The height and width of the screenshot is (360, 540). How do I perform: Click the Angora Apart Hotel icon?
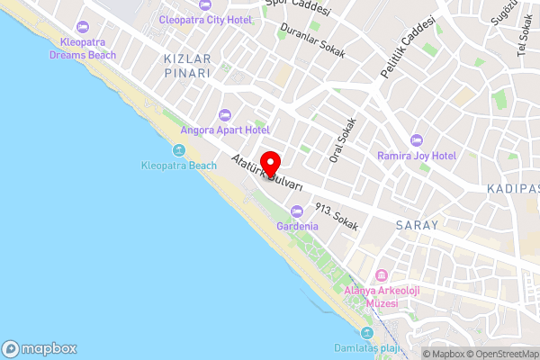click(225, 114)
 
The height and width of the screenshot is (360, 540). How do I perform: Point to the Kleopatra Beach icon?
click(178, 150)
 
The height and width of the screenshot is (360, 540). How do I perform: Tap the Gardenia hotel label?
click(297, 226)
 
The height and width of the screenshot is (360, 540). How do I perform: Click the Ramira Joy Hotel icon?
click(416, 139)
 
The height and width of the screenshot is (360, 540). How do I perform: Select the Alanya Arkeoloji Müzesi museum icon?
click(382, 275)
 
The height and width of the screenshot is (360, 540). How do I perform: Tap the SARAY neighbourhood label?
click(416, 225)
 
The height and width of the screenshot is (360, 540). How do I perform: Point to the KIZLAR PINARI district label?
click(186, 66)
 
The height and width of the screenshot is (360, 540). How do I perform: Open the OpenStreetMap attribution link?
click(500, 354)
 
